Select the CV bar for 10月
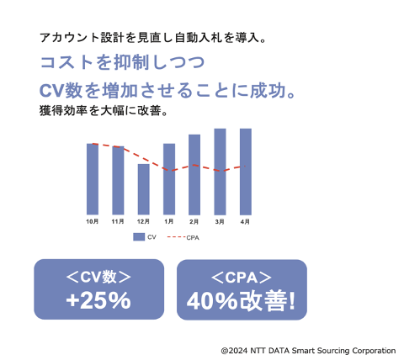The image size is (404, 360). coord(93,179)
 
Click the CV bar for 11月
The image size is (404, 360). coord(118,180)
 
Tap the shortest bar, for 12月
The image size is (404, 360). coord(143,189)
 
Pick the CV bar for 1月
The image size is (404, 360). coord(169,179)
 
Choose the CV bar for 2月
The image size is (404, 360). coord(194,174)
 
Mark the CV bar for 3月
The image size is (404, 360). coord(220,172)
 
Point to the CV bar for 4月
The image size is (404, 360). coord(246,172)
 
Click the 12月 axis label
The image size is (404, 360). coord(143,222)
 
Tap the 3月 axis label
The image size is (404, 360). coord(220,222)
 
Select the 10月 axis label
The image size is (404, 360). coord(92,222)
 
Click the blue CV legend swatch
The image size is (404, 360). coord(139,237)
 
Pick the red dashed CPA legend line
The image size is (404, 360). coord(176,237)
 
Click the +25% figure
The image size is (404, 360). coord(98,300)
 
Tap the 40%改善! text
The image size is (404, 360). coord(241,301)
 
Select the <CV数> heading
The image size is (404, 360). coord(98,277)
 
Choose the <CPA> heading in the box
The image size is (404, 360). coord(242,278)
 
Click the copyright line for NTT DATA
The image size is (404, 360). coord(308,351)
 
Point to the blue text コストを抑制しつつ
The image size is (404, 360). coord(122,62)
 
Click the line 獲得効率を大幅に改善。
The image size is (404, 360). coord(104,111)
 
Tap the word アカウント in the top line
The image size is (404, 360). coord(69,38)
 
